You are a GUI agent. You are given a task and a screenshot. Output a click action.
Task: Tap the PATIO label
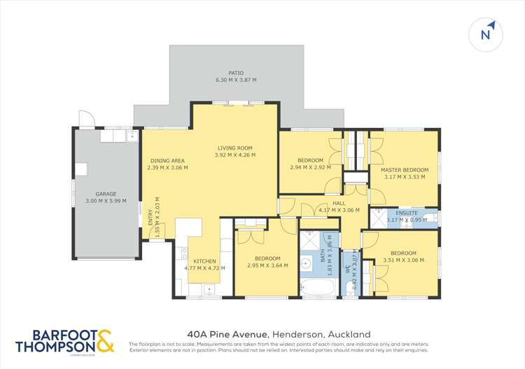click(x=236, y=73)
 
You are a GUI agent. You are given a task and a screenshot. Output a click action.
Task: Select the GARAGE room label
click(x=106, y=194)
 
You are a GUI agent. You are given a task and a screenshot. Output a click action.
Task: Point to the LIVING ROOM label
click(x=234, y=148)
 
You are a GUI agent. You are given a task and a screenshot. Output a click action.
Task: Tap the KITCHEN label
click(x=204, y=261)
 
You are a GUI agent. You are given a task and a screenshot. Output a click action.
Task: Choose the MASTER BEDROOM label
click(x=405, y=170)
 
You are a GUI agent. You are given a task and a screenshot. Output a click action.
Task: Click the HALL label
click(x=339, y=203)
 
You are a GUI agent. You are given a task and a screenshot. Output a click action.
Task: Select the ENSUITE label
click(x=407, y=212)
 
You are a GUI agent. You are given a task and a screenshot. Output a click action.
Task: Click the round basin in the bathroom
click(x=306, y=263)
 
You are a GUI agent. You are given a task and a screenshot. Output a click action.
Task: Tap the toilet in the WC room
click(x=351, y=289)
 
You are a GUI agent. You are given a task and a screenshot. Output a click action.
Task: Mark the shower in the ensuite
click(x=378, y=218)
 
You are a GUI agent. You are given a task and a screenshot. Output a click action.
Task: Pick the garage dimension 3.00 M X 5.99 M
click(x=106, y=201)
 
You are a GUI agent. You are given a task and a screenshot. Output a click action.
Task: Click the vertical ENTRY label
click(x=150, y=219)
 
